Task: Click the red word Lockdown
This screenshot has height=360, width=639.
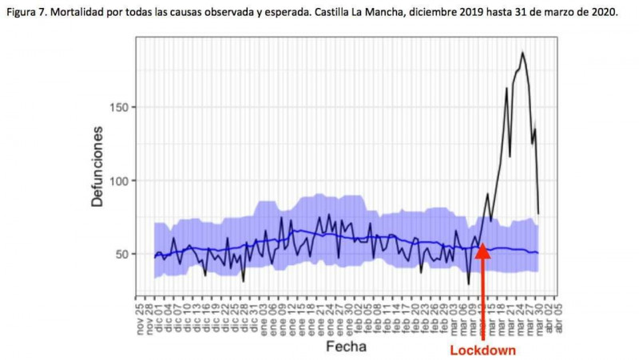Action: tap(482, 350)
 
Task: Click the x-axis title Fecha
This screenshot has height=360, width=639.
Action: tap(346, 346)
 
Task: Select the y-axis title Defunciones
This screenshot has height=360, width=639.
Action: tap(97, 166)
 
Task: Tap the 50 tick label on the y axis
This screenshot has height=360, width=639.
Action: tap(117, 255)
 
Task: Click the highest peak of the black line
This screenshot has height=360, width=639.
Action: tap(522, 53)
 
